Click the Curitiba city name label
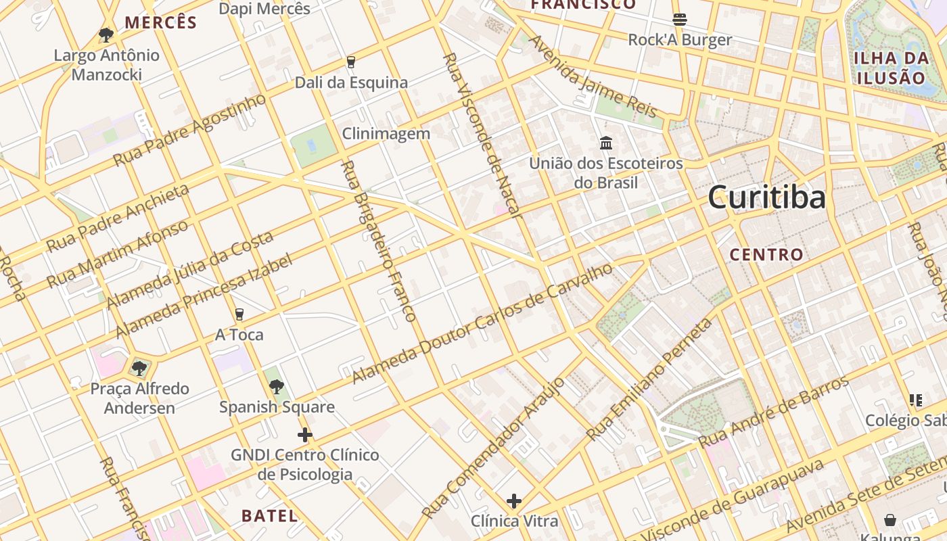coord(766,197)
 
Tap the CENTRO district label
coord(766,255)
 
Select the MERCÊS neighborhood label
coord(160,22)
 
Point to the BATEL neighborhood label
coord(269,516)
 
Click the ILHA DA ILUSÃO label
coord(890,67)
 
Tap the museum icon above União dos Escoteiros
coord(606,143)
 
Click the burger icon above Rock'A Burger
coord(680,19)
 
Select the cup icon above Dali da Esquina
coord(350,62)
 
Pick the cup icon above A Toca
coord(239,314)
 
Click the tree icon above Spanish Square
coord(276,387)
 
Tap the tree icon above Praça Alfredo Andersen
coord(139,369)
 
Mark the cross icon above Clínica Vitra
coord(514,501)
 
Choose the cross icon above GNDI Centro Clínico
coord(305,434)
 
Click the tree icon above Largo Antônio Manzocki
coord(106,35)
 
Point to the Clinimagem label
coord(386,133)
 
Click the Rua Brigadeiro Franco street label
coord(377,241)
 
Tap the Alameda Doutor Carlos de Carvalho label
coord(482,323)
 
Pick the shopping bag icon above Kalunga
coord(890,519)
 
